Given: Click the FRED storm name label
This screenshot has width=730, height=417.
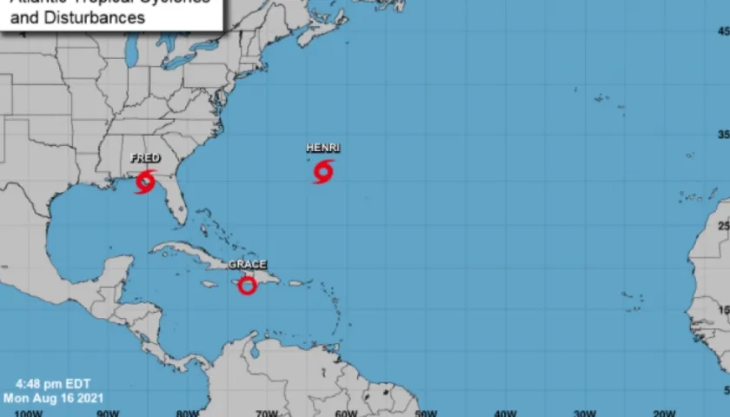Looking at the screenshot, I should click(x=145, y=158).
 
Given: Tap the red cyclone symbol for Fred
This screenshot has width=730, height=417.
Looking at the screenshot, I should click(x=145, y=182).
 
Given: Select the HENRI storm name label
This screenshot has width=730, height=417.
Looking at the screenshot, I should click(x=322, y=148).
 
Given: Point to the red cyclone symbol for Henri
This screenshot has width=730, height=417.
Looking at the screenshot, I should click(x=323, y=171).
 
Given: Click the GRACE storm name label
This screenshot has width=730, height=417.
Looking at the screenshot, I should click(x=248, y=264).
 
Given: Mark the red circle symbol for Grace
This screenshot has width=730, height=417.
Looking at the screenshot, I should click(x=248, y=285).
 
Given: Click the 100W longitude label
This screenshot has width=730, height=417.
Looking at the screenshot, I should click(x=29, y=413).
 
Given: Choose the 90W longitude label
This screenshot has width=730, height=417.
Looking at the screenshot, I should click(x=108, y=413).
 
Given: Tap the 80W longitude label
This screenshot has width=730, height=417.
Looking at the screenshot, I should click(x=187, y=413).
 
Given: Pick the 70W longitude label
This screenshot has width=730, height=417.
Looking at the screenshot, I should click(x=266, y=413).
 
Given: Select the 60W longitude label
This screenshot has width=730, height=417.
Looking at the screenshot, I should click(x=346, y=413).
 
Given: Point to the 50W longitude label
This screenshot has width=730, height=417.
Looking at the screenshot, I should click(x=426, y=413).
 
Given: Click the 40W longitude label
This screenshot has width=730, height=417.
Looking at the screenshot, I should click(x=505, y=413).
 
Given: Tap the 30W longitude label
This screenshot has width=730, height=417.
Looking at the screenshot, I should click(x=585, y=413).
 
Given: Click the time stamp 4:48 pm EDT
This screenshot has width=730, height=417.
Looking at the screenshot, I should click(x=52, y=384).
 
